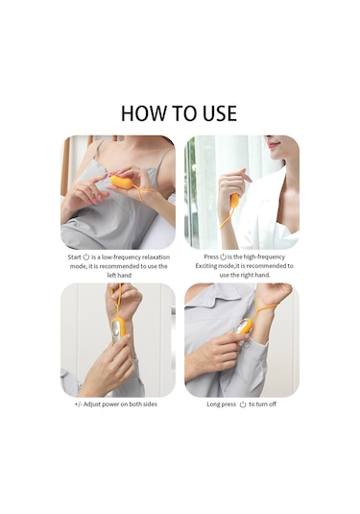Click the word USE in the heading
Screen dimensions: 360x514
click(220, 113)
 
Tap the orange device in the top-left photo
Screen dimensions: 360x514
click(121, 183)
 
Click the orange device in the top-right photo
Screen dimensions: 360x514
click(234, 200)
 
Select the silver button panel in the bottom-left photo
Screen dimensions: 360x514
click(116, 331)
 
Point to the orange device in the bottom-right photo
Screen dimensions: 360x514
click(244, 327)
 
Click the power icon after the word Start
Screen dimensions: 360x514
click(86, 257)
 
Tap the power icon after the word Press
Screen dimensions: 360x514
click(223, 257)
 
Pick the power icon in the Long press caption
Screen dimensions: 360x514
click(243, 404)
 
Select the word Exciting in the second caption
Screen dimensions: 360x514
click(206, 266)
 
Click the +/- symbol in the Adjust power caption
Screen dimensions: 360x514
click(78, 404)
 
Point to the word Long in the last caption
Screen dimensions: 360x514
click(213, 404)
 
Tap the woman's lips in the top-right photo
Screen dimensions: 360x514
click(272, 144)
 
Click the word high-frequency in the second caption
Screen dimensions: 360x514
click(264, 257)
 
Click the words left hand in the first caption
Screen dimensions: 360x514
click(119, 276)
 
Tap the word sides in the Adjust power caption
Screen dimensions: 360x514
click(150, 404)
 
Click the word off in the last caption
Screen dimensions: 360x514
click(273, 404)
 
